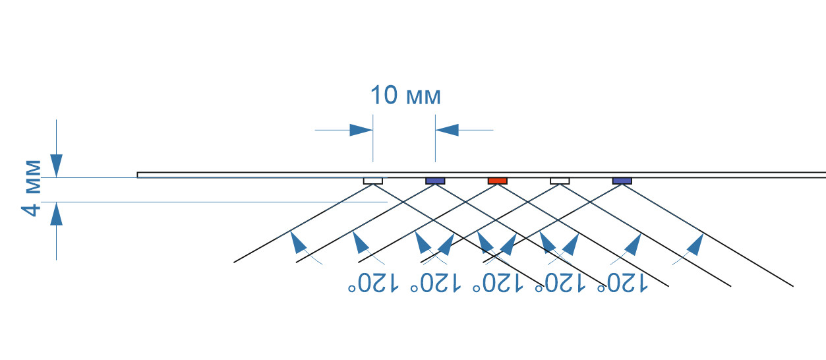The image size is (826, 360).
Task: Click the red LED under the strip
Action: pyautogui.click(x=497, y=181)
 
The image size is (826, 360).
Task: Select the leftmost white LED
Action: pyautogui.click(x=373, y=181)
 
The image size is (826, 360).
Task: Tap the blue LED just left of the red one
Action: pyautogui.click(x=435, y=181)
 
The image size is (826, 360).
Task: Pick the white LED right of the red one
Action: pyautogui.click(x=560, y=181)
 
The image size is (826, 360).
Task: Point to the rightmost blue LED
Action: pyautogui.click(x=622, y=181)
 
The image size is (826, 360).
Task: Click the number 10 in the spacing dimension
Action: pyautogui.click(x=383, y=96)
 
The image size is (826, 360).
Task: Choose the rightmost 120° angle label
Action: pyautogui.click(x=623, y=284)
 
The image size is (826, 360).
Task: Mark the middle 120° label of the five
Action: pyautogui.click(x=498, y=284)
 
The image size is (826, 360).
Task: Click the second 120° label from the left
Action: pyautogui.click(x=436, y=284)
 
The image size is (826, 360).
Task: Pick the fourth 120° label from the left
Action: pyautogui.click(x=561, y=284)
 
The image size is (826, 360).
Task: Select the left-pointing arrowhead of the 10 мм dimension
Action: pyautogui.click(x=448, y=130)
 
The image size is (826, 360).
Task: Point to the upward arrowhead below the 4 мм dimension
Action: pyautogui.click(x=57, y=215)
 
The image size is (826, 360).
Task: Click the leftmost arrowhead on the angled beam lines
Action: pyautogui.click(x=299, y=243)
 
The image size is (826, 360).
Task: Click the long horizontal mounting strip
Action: pyautogui.click(x=264, y=175)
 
